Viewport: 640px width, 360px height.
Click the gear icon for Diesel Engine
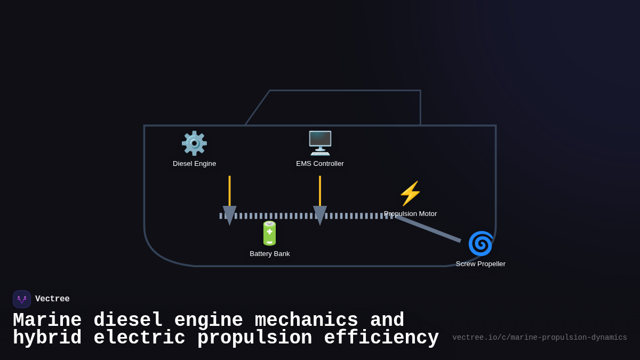click(194, 143)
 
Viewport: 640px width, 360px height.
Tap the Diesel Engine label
click(194, 164)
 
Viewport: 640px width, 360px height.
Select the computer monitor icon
click(320, 143)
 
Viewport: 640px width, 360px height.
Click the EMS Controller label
click(320, 164)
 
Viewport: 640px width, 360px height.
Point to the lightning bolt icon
click(410, 194)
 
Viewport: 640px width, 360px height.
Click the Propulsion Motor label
click(410, 214)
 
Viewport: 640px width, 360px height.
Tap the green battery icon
click(270, 233)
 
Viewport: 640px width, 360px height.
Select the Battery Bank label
click(270, 254)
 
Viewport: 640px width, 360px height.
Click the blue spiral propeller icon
click(481, 244)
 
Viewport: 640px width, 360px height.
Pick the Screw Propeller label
click(481, 264)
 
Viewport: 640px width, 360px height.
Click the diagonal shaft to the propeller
click(428, 229)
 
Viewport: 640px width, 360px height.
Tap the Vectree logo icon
click(22, 299)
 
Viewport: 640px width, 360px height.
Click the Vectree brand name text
click(52, 299)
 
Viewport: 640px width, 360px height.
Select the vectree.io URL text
click(539, 338)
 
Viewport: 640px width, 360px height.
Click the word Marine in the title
click(47, 321)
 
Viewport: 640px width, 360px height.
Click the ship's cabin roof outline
click(345, 91)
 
